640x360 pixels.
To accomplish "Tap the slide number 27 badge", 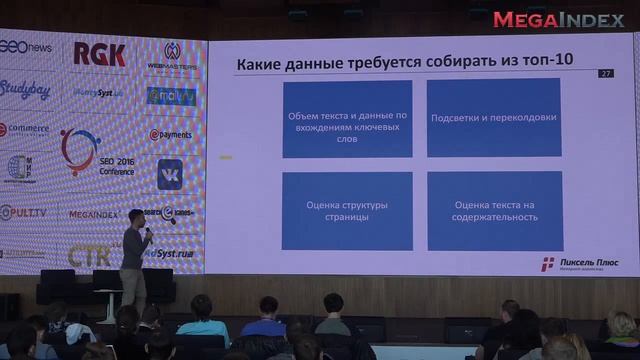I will coord(606,73).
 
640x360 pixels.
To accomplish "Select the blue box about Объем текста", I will coord(347,119).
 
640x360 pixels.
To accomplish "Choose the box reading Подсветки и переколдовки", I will coord(492,119).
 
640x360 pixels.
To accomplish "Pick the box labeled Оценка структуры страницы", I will coord(347,211).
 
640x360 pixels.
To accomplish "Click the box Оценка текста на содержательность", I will coord(492,211).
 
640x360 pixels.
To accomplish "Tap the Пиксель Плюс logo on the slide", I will coord(575,263).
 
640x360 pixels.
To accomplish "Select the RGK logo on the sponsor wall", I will coord(99,54).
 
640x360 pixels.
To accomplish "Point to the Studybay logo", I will coord(25,89).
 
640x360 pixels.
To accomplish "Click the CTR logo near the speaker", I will coord(90,255).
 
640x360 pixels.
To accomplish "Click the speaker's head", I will coord(135,216).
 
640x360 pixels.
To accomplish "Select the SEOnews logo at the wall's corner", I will coord(25,47).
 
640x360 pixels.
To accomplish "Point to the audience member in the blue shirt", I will coord(204,318).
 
